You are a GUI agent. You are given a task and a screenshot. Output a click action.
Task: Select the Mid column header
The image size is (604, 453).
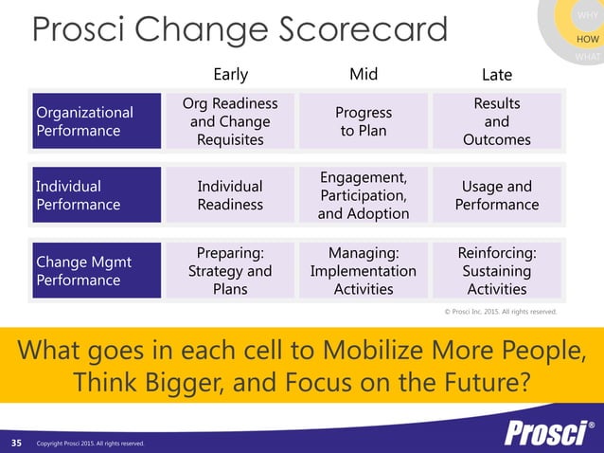point(364,74)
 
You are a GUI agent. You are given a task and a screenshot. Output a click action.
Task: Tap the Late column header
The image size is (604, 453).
point(496,74)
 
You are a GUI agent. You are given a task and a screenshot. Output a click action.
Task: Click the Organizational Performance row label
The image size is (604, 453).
point(97,121)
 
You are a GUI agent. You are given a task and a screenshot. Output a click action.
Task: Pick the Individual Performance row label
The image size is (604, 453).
point(97,195)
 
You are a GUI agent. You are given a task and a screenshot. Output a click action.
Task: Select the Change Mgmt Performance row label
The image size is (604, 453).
point(97,271)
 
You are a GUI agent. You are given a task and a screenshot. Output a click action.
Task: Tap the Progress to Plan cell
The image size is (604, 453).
point(364,121)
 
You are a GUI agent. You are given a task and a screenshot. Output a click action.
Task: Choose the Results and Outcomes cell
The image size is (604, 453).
point(496,121)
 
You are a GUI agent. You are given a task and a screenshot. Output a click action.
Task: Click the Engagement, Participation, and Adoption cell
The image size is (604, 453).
point(364,195)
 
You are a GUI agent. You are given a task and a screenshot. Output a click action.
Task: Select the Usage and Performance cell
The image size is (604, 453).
point(496,195)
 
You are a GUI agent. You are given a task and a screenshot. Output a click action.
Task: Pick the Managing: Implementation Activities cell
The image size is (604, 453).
point(364,271)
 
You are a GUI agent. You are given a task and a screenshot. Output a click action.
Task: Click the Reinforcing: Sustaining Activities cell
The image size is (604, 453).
point(496,271)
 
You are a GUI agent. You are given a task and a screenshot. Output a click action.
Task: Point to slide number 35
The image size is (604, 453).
point(16,443)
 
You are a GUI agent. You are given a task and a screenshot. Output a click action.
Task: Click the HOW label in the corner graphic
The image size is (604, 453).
point(587,38)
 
